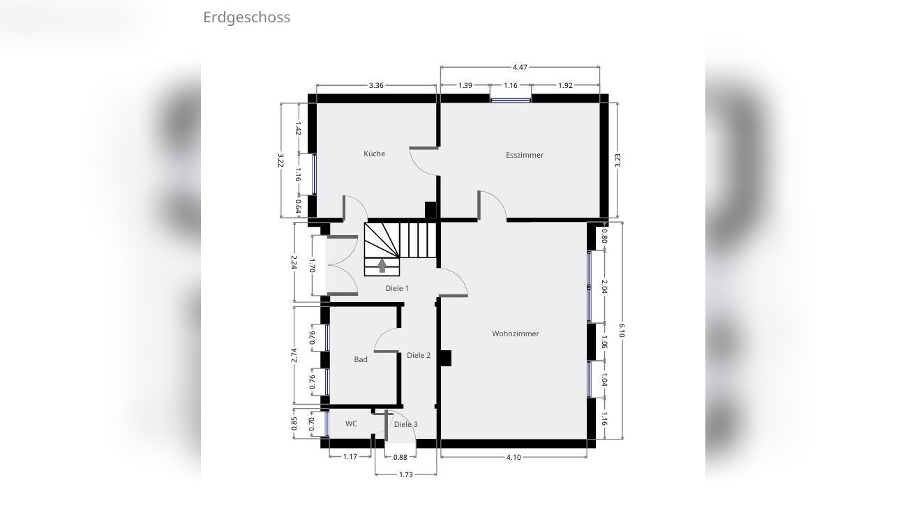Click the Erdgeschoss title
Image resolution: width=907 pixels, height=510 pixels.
pos(246,17)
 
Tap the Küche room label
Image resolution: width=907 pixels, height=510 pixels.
pos(374,153)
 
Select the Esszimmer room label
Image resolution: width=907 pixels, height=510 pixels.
pos(525,155)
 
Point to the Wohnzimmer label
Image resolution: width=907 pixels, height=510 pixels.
pos(516,334)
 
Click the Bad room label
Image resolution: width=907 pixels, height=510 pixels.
pos(361,359)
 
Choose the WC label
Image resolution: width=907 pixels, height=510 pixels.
pos(351,423)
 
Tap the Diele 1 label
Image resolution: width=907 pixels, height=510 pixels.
pos(397,288)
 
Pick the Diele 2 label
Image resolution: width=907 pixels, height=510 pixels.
pos(419,355)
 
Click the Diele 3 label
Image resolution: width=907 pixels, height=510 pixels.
pos(406,424)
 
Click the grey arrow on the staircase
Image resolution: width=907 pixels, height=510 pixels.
pos(382,266)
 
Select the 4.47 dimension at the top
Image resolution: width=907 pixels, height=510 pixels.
pos(520,67)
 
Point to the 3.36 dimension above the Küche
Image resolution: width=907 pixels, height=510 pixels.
pos(376,85)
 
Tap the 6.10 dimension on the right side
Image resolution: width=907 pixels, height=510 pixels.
pos(622,330)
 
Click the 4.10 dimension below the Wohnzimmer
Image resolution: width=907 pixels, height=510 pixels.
pos(514,458)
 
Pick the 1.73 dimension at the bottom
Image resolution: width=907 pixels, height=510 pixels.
pos(406,475)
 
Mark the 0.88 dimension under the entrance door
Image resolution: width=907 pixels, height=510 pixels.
pos(400,458)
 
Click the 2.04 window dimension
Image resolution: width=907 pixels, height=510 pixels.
pos(604,287)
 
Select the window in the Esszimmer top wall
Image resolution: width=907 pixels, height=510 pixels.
pos(511,100)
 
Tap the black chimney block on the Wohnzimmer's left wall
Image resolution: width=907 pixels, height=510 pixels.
pos(445,358)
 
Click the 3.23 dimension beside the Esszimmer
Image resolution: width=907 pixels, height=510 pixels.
pos(617,160)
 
